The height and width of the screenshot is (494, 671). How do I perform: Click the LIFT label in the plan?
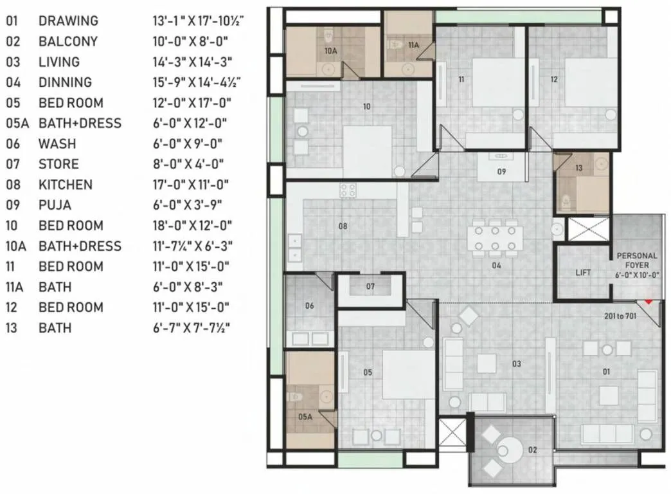coord(583,273)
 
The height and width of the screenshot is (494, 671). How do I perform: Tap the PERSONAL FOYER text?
coord(637,260)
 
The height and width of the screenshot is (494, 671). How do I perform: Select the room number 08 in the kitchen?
coord(343,226)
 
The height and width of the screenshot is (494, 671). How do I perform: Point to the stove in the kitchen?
coord(348,190)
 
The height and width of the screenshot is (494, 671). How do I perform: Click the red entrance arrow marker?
coord(649,300)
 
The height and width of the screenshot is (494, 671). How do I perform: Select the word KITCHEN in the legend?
coord(66,185)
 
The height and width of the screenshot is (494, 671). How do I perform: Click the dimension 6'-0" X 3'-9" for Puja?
coord(186,205)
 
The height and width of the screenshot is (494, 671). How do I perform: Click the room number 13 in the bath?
coord(578,169)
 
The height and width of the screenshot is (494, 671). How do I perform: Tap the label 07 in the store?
coord(370,286)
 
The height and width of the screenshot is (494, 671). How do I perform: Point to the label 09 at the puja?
coord(501,172)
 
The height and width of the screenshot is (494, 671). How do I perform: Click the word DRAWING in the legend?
coord(68,21)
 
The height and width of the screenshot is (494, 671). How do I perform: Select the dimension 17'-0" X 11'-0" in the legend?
coord(190,185)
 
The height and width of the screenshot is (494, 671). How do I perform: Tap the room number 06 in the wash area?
coord(309,306)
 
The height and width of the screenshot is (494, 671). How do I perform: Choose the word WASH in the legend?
coord(57,143)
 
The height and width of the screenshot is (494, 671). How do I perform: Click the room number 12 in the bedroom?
coord(554,80)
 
